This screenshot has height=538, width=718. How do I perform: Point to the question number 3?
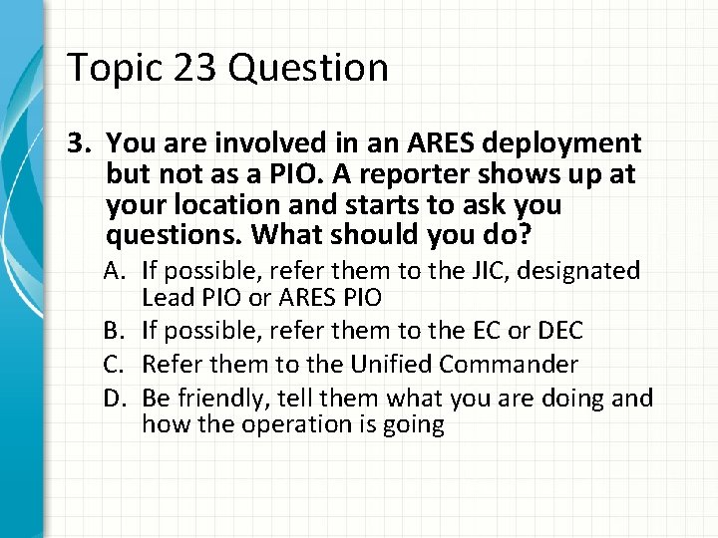[x=76, y=146]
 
